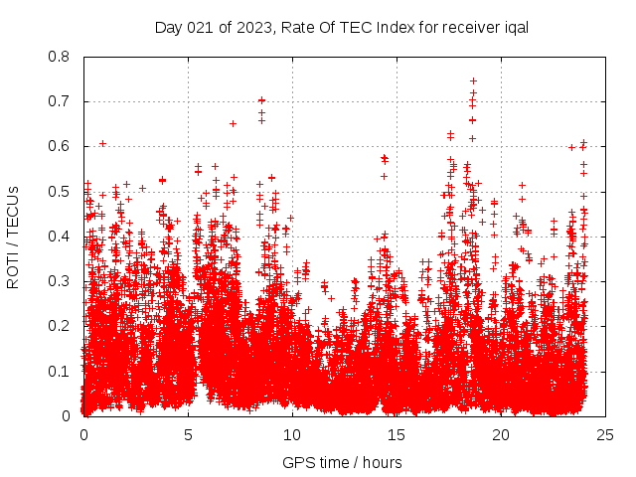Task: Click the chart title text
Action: point(341,27)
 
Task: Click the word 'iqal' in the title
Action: point(513,27)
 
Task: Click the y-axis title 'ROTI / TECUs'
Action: point(13,237)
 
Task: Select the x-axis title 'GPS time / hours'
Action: point(342,462)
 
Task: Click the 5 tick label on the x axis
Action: point(188,434)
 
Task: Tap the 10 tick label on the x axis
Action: point(292,434)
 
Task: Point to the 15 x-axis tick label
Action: point(397,434)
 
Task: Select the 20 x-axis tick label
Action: point(501,434)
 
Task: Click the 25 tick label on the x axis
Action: point(605,434)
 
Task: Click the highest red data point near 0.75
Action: point(473,80)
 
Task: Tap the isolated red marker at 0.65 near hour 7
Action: point(233,123)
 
